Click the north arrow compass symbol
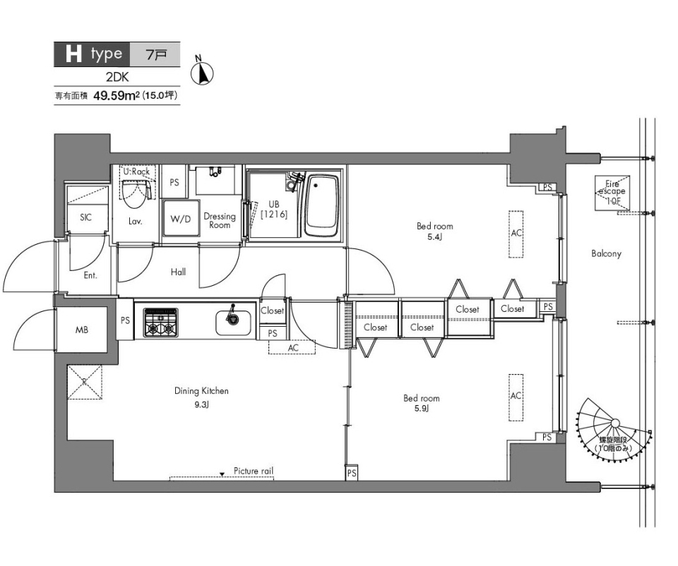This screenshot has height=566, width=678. coord(202,72)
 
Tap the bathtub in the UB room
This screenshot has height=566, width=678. coord(322,205)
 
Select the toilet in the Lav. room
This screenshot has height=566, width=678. coord(134,193)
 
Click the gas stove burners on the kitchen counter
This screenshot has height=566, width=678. coord(161,322)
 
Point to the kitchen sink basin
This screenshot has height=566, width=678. coord(233,323)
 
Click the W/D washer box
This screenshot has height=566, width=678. coord(181,218)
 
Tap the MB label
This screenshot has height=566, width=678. coord(82,330)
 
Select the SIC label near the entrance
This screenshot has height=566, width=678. coord(85,217)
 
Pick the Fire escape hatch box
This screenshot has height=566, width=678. coord(612,193)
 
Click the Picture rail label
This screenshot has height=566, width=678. coord(254,471)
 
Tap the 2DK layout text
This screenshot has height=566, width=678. coord(117,77)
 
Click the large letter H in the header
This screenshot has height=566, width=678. coord(73,54)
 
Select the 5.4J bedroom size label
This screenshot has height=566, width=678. coord(434,236)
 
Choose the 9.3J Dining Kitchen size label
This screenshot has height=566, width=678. coord(201,405)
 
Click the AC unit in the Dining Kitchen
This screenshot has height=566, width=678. coord(292,347)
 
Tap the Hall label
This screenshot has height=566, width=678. coord(178,272)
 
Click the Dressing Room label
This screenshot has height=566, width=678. coord(220,220)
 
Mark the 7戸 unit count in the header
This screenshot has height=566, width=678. coord(156,54)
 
